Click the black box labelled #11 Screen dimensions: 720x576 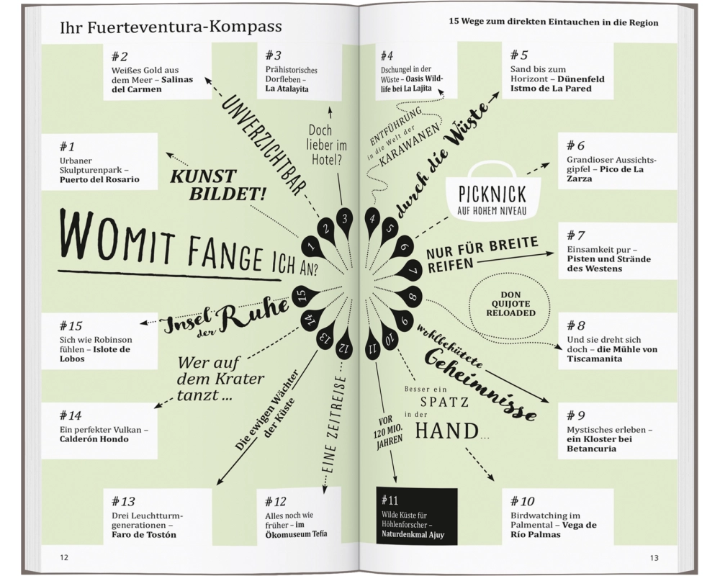417,516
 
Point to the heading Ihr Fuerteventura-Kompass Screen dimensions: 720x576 171,27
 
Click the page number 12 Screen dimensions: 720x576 64,557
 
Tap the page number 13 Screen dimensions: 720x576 654,557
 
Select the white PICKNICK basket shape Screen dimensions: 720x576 492,193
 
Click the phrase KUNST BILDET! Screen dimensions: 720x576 218,185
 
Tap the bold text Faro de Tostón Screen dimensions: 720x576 144,535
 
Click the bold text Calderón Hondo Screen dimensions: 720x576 94,439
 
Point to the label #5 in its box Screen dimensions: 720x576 519,55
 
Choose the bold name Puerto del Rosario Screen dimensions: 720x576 99,179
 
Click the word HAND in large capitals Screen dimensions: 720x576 446,431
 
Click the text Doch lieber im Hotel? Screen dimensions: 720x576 326,145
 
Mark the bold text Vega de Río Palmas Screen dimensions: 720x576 554,530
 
